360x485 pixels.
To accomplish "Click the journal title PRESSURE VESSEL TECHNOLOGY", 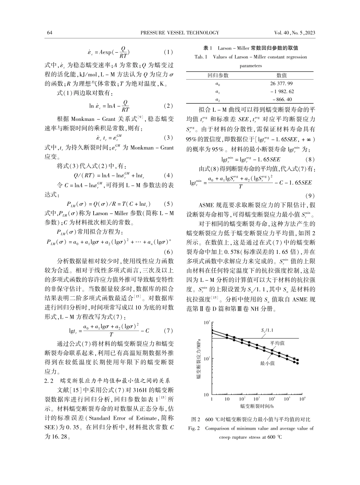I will (179, 33).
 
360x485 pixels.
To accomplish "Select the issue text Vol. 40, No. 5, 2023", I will (294, 33).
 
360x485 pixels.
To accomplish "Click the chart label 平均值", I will (277, 343).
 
